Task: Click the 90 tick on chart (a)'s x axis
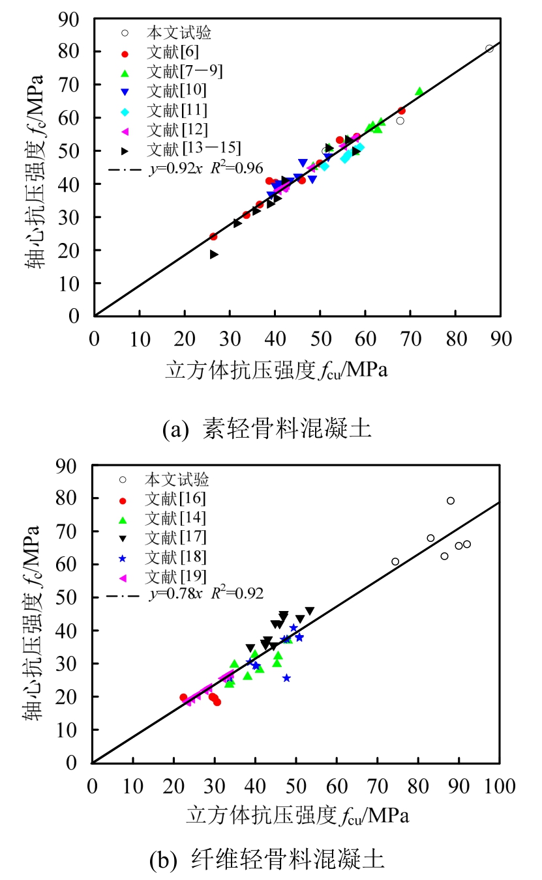(501, 337)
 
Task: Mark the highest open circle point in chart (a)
(489, 48)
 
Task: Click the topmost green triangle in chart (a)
(419, 91)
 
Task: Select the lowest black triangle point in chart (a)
(214, 254)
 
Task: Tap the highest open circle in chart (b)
(451, 500)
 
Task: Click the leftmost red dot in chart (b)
(183, 698)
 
